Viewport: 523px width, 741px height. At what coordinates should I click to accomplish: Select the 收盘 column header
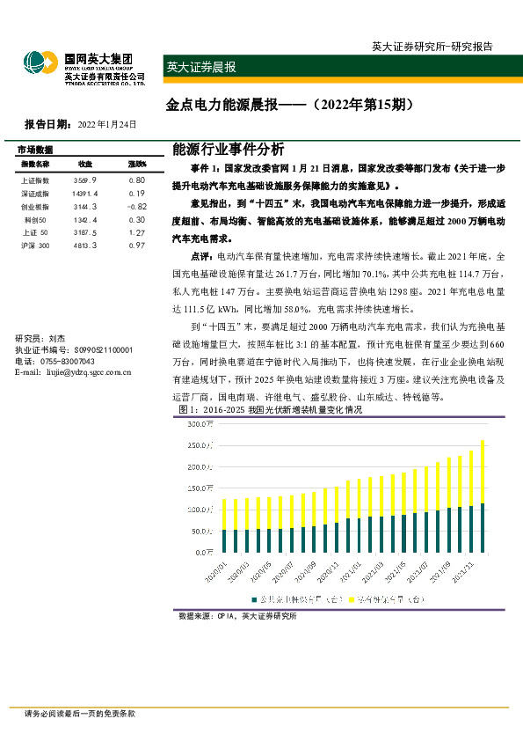[85, 165]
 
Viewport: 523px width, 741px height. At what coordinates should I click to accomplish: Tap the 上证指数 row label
[34, 180]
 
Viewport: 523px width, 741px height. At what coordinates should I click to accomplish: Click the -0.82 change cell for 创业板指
[135, 206]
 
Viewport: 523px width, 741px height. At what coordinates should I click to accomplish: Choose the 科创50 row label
[34, 219]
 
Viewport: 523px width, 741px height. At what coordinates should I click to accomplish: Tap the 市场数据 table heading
[35, 150]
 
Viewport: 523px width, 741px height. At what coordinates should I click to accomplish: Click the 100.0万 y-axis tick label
[201, 510]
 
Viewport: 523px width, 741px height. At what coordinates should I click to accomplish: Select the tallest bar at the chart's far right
[483, 495]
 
